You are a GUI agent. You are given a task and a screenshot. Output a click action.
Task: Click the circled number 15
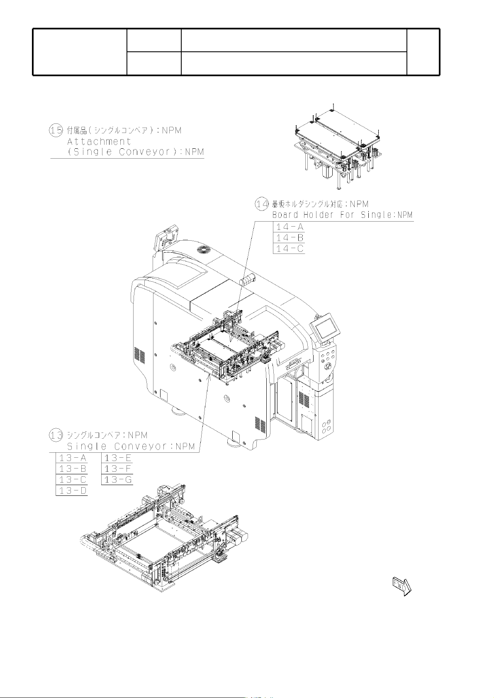click(56, 130)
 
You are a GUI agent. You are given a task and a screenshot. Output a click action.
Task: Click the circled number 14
click(262, 204)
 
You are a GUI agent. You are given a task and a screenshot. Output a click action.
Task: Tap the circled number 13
click(56, 435)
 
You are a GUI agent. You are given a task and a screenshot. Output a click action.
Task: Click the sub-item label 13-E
click(118, 458)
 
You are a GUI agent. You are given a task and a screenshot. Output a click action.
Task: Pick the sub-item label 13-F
click(118, 469)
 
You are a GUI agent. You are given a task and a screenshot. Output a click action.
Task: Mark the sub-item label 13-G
click(118, 480)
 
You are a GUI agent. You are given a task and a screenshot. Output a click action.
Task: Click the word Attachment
click(99, 142)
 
